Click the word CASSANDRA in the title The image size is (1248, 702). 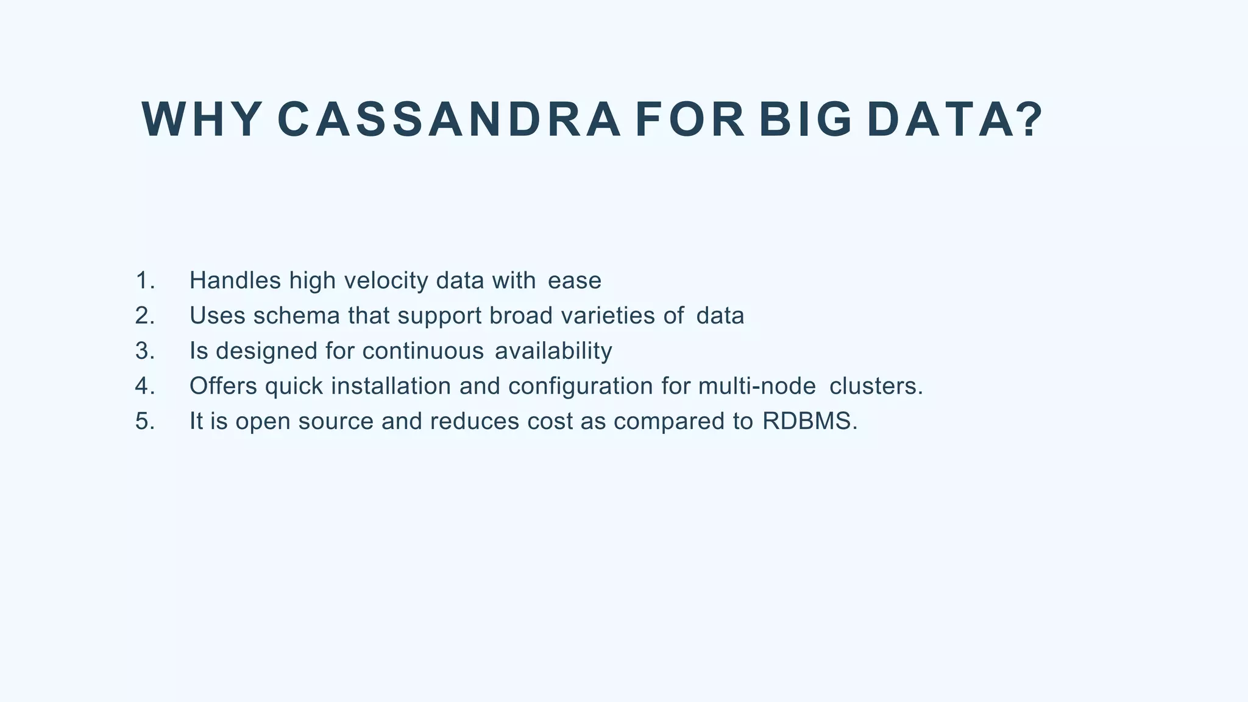[448, 120]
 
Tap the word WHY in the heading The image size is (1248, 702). [202, 120]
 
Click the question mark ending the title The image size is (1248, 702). [1029, 120]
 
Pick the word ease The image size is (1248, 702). [575, 281]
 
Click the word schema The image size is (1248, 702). [296, 316]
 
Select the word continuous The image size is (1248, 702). [423, 351]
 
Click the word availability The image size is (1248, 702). [553, 351]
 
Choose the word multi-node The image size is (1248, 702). [757, 386]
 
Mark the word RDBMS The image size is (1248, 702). [809, 422]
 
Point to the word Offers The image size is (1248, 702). [223, 386]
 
